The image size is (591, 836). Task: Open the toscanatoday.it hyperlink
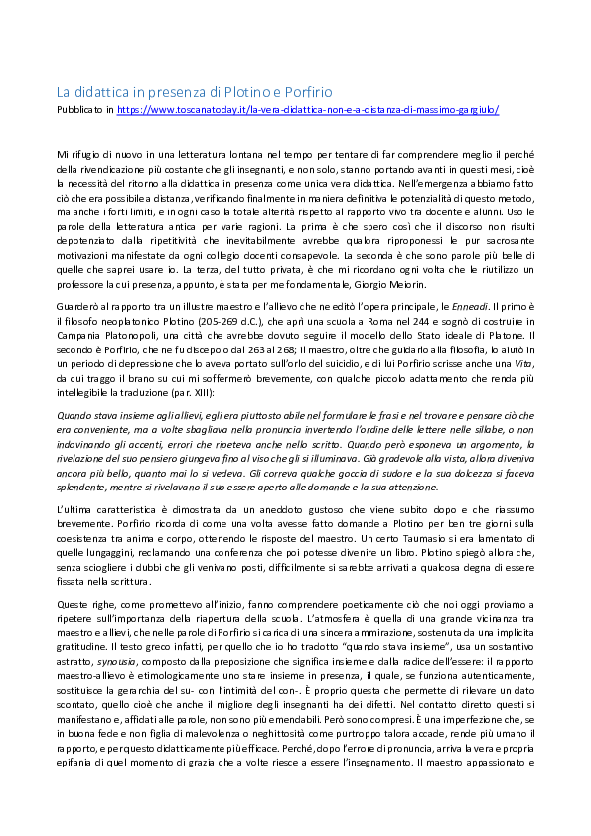(308, 110)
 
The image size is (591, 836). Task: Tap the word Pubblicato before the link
(78, 110)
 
